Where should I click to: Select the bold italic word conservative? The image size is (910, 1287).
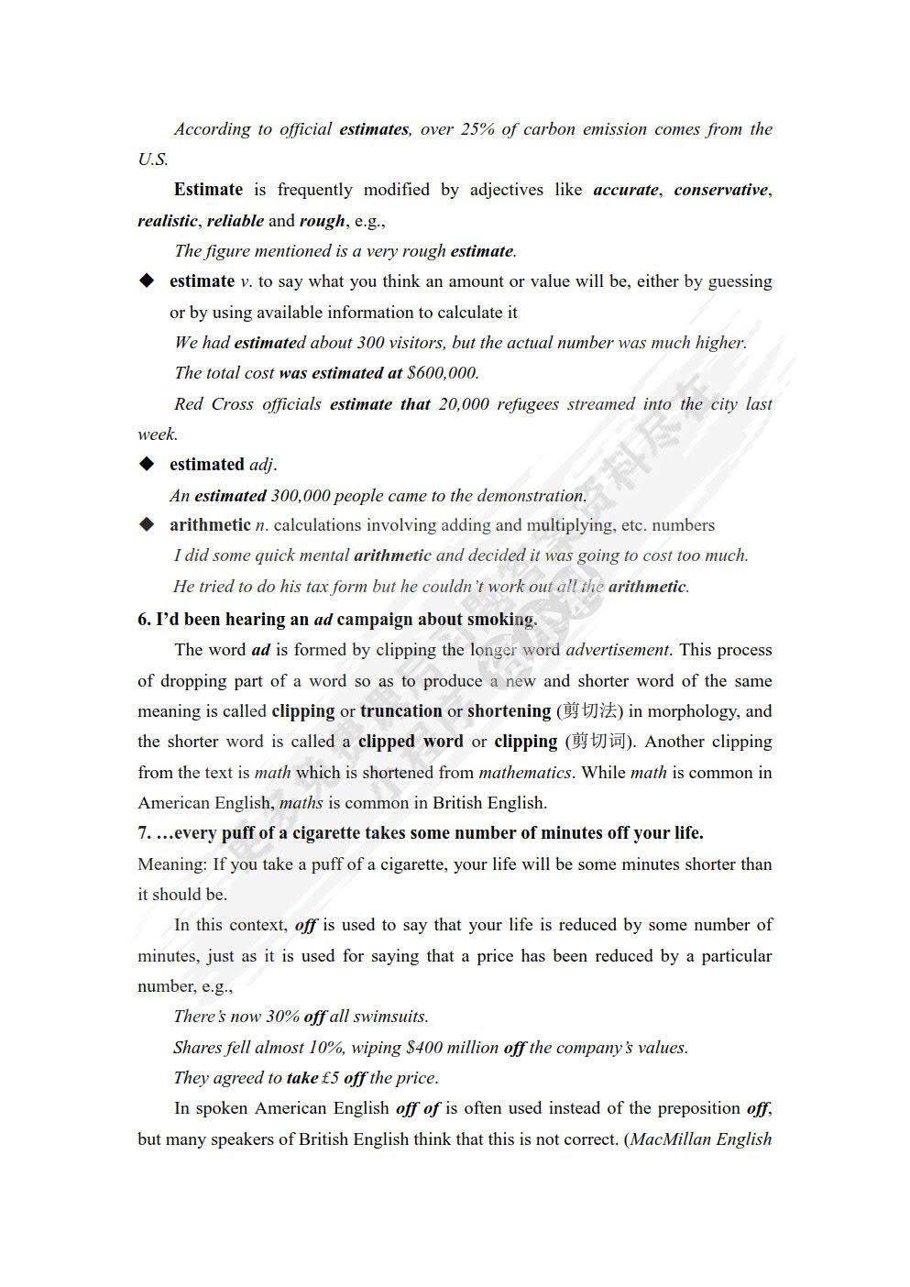coord(720,190)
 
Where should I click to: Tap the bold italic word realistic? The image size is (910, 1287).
coord(167,221)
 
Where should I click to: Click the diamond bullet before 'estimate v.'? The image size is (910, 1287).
coord(147,281)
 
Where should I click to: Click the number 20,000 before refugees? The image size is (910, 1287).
coord(464,404)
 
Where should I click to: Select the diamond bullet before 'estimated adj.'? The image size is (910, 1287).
coord(147,465)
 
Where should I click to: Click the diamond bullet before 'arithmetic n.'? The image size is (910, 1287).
coord(147,525)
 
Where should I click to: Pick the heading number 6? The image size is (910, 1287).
coord(145,620)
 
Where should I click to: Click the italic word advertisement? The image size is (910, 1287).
coord(618,650)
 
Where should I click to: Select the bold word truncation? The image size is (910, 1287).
coord(400,711)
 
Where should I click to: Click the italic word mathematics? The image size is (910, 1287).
coord(525,773)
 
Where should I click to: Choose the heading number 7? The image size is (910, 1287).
coord(145,833)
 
